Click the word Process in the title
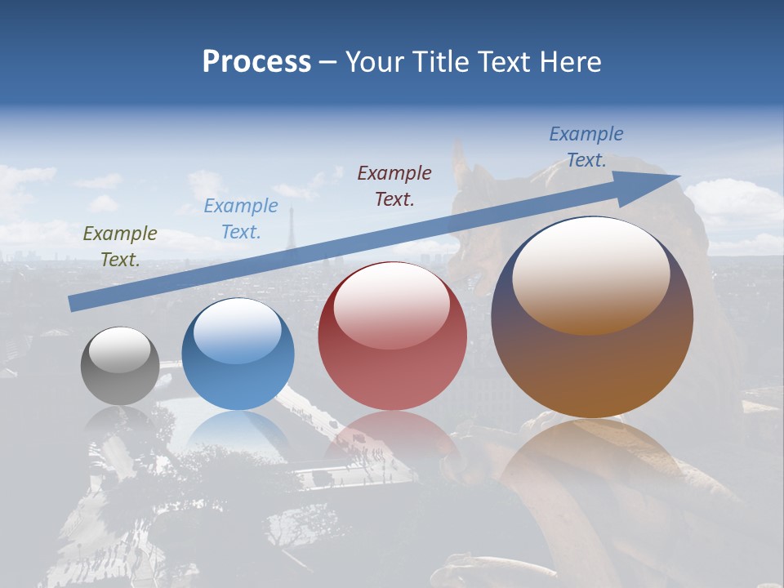click(x=256, y=62)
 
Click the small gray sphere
click(x=120, y=366)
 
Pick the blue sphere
click(x=238, y=354)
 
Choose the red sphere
click(x=392, y=336)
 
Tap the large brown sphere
click(x=592, y=318)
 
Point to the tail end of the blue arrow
click(x=73, y=304)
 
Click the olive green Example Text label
click(x=120, y=247)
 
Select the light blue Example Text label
click(x=241, y=219)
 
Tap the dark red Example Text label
click(x=394, y=185)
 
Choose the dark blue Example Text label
click(x=586, y=147)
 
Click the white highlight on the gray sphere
click(x=120, y=350)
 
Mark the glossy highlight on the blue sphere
click(x=238, y=331)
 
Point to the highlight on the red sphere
click(x=391, y=305)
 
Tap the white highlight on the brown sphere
click(x=590, y=274)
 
